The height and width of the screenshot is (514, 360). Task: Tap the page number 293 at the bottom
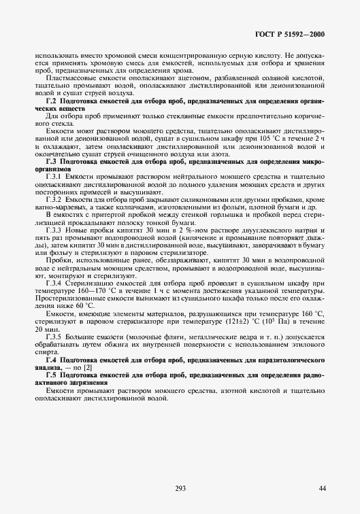point(180,487)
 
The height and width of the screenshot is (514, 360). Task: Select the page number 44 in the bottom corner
point(322,487)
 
